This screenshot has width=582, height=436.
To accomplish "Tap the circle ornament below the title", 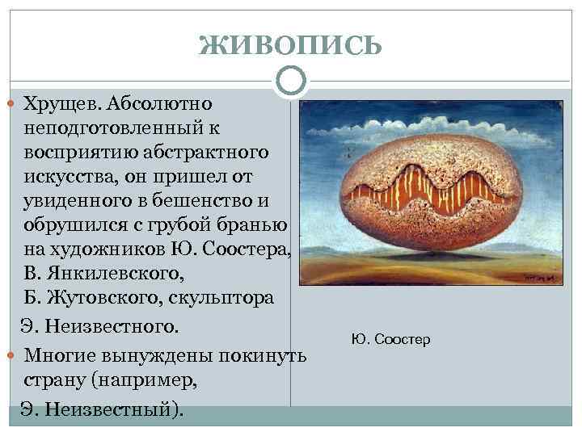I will point(291,80).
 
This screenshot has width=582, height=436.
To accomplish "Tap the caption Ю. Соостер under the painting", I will point(391,339).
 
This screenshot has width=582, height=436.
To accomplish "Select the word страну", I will point(57,380).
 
